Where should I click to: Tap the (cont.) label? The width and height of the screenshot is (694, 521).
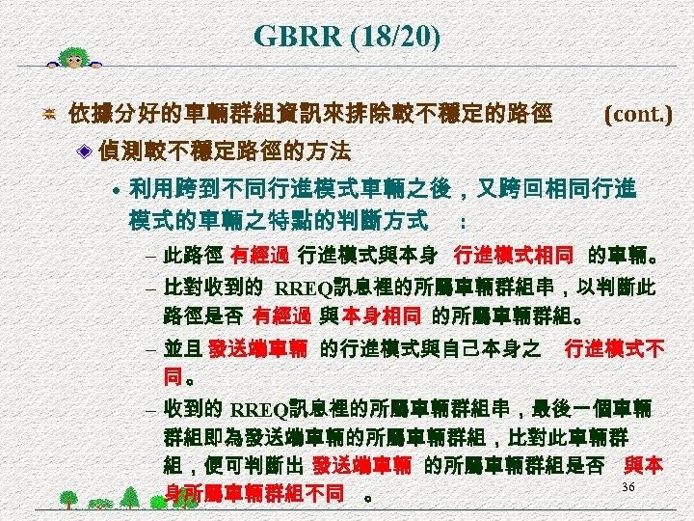point(638,114)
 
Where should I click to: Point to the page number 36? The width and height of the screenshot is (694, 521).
point(628,487)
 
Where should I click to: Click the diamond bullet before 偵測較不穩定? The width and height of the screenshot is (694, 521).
point(86,151)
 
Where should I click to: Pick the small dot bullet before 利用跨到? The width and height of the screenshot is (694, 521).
point(115,189)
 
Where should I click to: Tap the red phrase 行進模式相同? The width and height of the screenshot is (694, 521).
point(513,257)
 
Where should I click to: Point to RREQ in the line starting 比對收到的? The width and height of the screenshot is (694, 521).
point(304,287)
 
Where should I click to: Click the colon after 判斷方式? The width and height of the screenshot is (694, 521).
point(464,222)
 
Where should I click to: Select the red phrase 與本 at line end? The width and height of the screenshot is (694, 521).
point(643,465)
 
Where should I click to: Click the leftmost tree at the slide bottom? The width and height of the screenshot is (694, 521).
point(68,499)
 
